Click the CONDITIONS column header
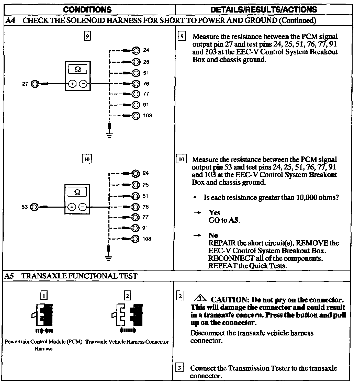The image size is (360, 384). (87, 10)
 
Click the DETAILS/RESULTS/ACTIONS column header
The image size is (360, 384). (263, 10)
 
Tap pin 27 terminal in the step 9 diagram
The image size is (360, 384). (34, 84)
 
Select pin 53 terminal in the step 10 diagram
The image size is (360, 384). (34, 207)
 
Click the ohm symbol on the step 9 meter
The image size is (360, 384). (78, 69)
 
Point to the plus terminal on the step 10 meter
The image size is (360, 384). (72, 207)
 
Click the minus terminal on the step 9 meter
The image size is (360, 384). (83, 84)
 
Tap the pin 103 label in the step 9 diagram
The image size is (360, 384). (148, 116)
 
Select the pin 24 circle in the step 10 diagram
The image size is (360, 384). (136, 173)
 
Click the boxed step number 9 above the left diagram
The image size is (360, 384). (87, 36)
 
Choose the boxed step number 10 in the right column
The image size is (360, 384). (181, 159)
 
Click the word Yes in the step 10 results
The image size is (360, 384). (214, 212)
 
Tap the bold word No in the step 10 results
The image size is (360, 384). (213, 235)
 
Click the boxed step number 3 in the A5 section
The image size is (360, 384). (180, 368)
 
